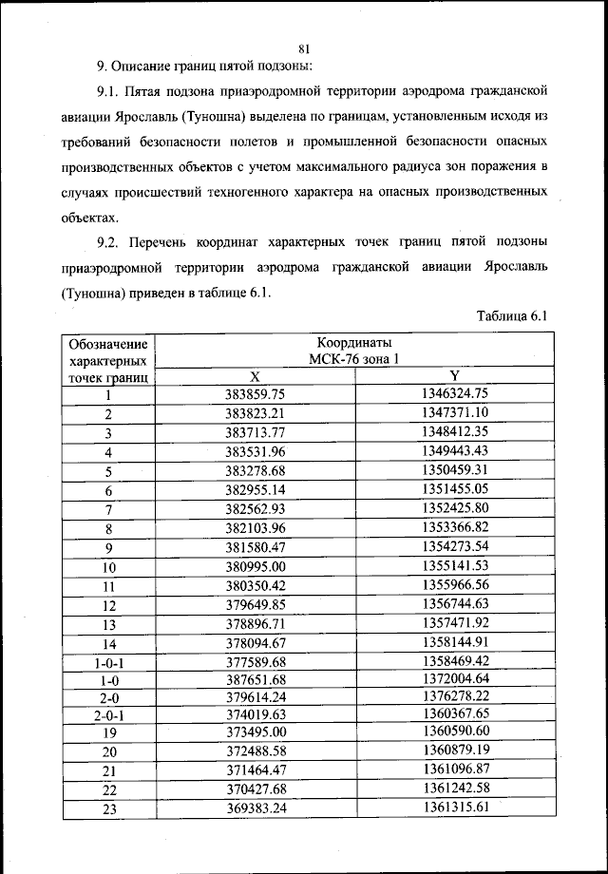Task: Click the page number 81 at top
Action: click(304, 48)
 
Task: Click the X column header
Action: click(255, 376)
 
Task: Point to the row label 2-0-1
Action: click(108, 712)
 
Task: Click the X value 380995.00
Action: click(255, 566)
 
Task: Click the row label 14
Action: click(108, 644)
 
